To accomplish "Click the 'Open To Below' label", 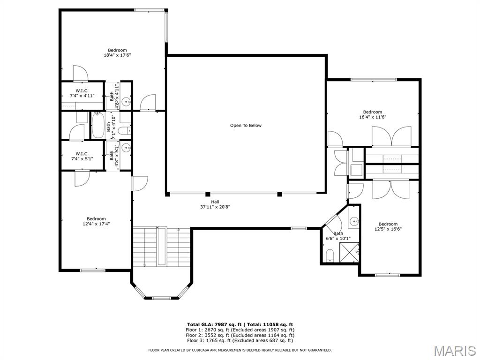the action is click(x=246, y=126).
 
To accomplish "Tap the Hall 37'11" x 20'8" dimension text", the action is click(x=215, y=204).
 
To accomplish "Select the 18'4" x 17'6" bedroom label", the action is click(x=117, y=52).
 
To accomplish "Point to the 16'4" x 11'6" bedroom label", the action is click(x=373, y=114).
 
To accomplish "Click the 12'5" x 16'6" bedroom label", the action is click(x=388, y=226).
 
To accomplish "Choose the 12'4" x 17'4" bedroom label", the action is click(x=96, y=221).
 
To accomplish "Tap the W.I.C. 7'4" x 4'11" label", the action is click(x=82, y=93).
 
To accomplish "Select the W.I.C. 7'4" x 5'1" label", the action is click(x=82, y=156).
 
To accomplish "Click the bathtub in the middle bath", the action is click(x=98, y=126).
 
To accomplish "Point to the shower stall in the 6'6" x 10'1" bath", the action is click(x=349, y=252).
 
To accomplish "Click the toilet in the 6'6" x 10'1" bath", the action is click(x=330, y=256).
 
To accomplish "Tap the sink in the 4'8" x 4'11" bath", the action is click(x=126, y=101).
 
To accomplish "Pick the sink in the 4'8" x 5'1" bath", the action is click(x=126, y=148).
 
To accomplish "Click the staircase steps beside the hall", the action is click(x=162, y=247).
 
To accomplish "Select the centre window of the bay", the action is click(x=161, y=298).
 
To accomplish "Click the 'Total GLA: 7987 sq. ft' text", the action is click(x=214, y=324).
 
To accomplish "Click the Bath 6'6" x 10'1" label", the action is click(x=338, y=236).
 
